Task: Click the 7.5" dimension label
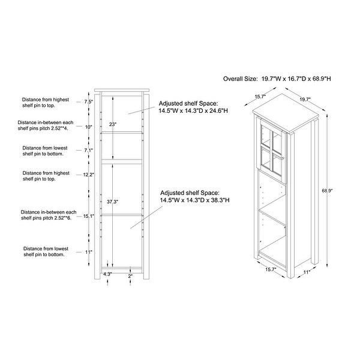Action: point(88,102)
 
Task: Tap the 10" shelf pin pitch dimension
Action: point(88,127)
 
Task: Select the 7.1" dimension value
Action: point(88,150)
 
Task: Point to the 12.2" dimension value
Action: point(88,174)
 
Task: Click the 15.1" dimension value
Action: point(88,217)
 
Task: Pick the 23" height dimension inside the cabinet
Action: point(112,124)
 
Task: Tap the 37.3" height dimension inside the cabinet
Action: point(112,202)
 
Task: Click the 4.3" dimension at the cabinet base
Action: point(107,274)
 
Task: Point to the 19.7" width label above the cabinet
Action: point(305,100)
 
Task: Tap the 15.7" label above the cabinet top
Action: point(259,96)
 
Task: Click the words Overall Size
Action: point(240,78)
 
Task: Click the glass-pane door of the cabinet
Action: point(271,150)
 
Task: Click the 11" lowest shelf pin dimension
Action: point(88,252)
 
